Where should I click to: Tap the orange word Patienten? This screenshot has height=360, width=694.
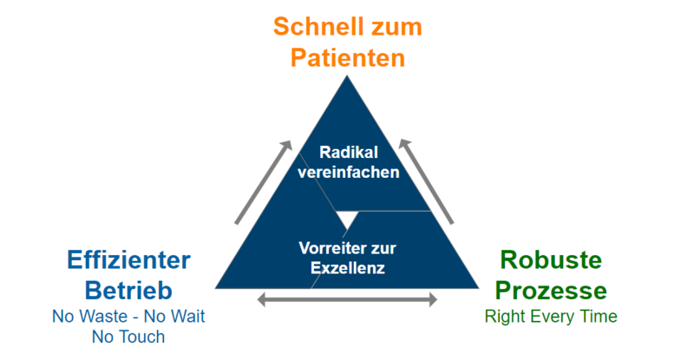pos(347,59)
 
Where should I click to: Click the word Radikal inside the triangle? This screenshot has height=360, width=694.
pos(348,152)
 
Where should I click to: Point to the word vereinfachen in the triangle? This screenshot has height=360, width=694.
pos(348,172)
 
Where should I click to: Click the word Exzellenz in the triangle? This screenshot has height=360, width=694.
pos(347,268)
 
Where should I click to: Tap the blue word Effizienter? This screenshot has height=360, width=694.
pos(128,261)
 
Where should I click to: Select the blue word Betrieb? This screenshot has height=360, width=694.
pos(128,291)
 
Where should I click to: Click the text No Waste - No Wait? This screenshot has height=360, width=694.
pos(128,317)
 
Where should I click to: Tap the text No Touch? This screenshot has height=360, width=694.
pos(128,337)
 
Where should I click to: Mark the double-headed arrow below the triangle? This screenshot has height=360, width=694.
pos(347,300)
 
